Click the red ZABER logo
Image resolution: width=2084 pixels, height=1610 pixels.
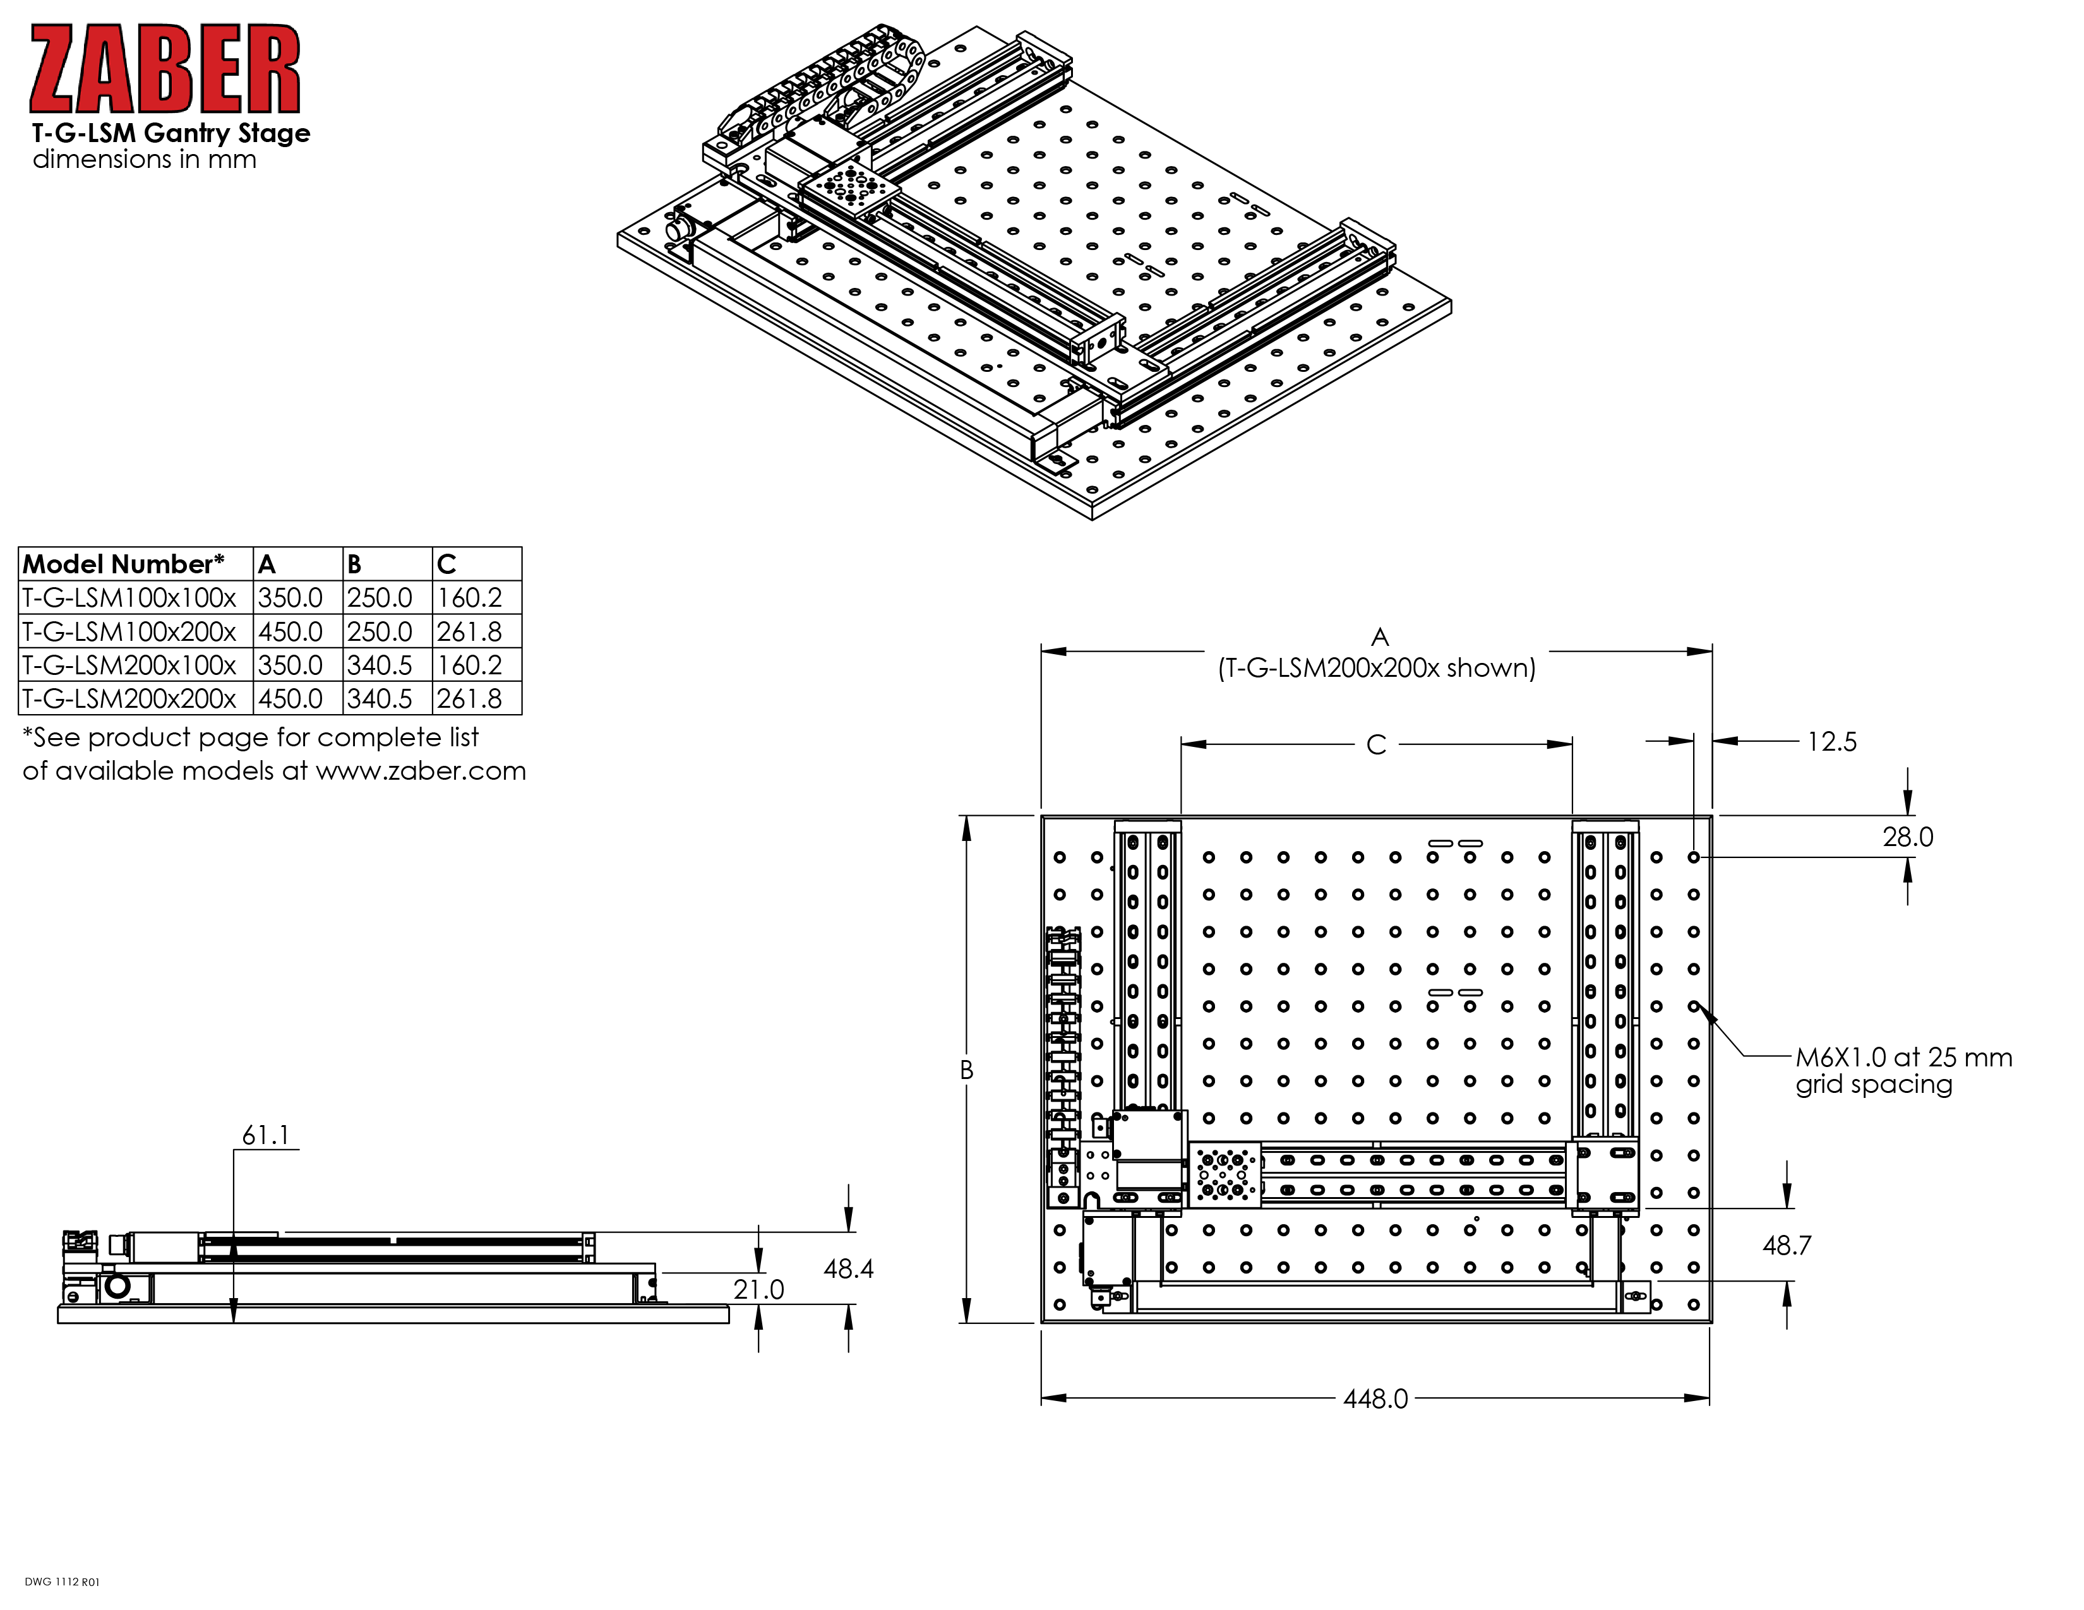point(165,69)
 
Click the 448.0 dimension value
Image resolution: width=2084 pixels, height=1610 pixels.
point(1375,1398)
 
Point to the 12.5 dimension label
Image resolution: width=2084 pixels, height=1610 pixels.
point(1832,741)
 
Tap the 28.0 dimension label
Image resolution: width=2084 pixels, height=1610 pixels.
point(1907,837)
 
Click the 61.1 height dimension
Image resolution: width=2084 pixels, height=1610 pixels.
point(265,1135)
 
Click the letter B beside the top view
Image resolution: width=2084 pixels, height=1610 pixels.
point(967,1070)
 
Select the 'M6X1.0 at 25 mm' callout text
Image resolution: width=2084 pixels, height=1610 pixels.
point(1903,1057)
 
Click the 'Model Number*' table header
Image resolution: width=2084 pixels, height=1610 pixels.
point(124,564)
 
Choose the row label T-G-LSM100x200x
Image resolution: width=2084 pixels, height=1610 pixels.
point(129,631)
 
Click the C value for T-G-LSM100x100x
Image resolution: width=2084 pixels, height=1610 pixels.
point(469,598)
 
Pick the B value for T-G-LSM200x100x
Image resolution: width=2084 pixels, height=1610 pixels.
point(380,665)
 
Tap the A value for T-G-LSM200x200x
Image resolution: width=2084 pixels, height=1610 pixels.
point(290,698)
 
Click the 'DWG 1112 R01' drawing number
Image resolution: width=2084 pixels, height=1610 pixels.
point(62,1582)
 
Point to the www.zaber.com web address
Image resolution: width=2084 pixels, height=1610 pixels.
point(421,771)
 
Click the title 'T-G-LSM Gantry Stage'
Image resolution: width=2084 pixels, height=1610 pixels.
point(171,133)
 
